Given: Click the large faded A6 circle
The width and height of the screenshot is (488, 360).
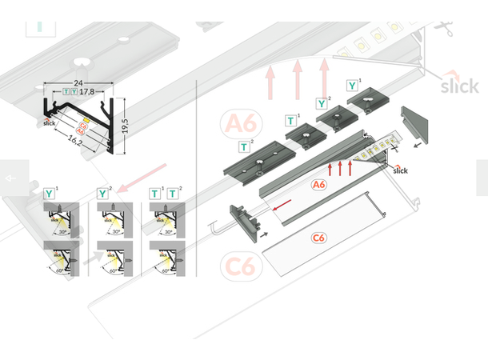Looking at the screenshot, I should [241, 124].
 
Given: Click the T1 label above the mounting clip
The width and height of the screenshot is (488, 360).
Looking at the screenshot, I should [290, 120].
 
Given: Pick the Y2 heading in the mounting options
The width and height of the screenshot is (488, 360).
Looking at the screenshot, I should [103, 193].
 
